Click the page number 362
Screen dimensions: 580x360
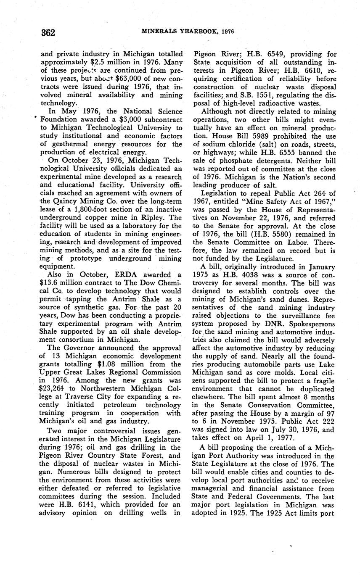pyautogui.click(x=49, y=33)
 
